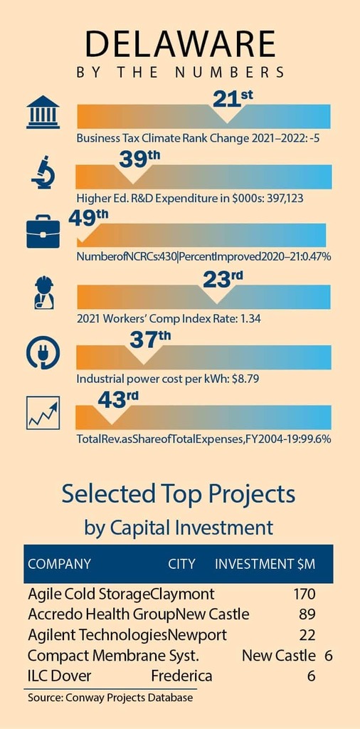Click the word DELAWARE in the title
tap(180, 44)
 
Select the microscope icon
tap(43, 172)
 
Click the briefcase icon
tap(43, 231)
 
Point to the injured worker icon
tap(44, 293)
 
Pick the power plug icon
tap(43, 353)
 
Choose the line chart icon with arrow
tap(43, 413)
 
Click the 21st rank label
tap(233, 98)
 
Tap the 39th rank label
tap(140, 159)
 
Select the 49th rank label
tap(88, 218)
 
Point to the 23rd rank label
tap(223, 279)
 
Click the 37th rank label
tap(150, 339)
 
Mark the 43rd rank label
tap(118, 399)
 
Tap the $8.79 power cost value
tap(243, 379)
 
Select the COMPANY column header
tap(60, 564)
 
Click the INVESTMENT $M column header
tap(265, 564)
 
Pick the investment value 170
tap(305, 594)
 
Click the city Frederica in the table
tap(181, 676)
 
